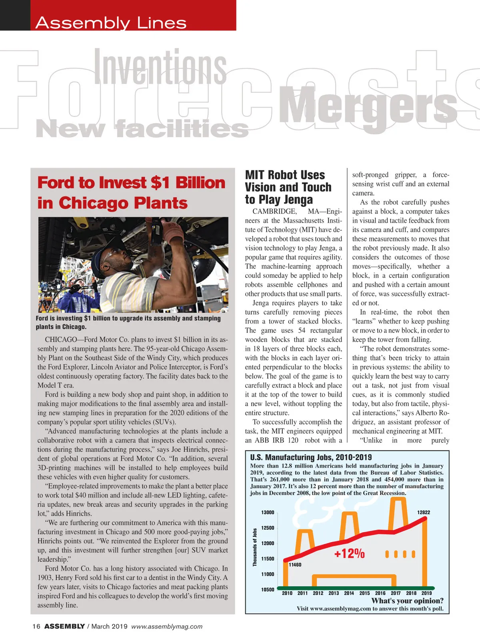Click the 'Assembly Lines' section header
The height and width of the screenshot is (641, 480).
click(x=111, y=23)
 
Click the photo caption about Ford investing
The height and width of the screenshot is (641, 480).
click(x=128, y=322)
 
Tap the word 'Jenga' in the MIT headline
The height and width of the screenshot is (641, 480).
click(x=295, y=199)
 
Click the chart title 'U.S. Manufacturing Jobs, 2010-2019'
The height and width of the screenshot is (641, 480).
click(x=311, y=457)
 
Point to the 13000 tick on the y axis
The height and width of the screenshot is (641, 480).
click(x=268, y=513)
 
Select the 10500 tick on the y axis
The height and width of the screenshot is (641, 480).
click(x=268, y=589)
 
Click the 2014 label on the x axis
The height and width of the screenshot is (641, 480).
click(x=349, y=593)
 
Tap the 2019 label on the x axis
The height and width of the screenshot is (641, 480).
click(x=426, y=593)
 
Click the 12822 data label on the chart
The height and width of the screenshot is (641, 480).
click(x=424, y=513)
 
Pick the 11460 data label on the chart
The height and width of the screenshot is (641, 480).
click(x=295, y=565)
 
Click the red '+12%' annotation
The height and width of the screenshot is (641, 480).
click(x=349, y=553)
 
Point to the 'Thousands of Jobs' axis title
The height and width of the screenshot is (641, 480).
click(x=255, y=547)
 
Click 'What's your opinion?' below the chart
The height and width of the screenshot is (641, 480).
click(x=407, y=601)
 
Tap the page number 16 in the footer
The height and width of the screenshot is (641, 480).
click(x=36, y=627)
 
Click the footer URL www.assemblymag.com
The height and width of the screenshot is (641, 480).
click(x=167, y=627)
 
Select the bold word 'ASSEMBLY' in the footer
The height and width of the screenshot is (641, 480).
click(x=64, y=627)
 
